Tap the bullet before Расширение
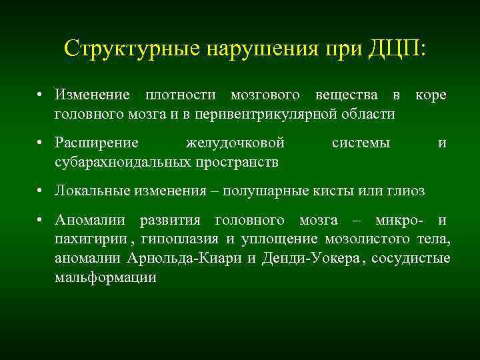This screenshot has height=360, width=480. point(41,143)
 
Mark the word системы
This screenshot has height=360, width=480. point(361,143)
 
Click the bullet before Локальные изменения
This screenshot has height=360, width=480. point(41,191)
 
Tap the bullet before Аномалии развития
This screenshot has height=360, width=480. point(41,221)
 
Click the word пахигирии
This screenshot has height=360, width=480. point(82,240)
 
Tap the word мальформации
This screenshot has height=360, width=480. point(106,277)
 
